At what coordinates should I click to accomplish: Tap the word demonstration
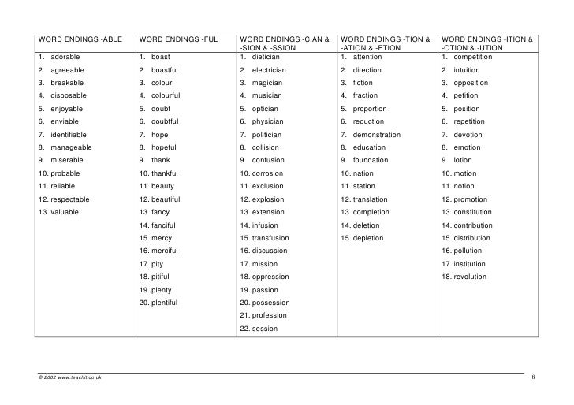tap(377, 135)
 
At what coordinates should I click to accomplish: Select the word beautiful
tap(165, 199)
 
